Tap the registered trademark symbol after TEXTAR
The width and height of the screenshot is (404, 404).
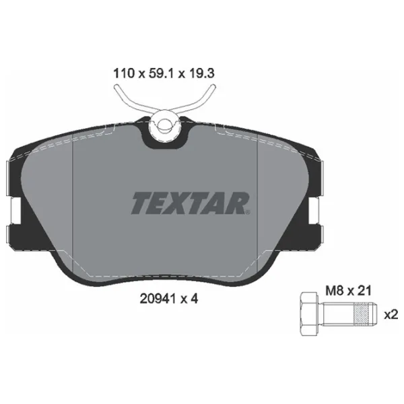click(250, 213)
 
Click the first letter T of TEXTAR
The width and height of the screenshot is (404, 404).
click(140, 202)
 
